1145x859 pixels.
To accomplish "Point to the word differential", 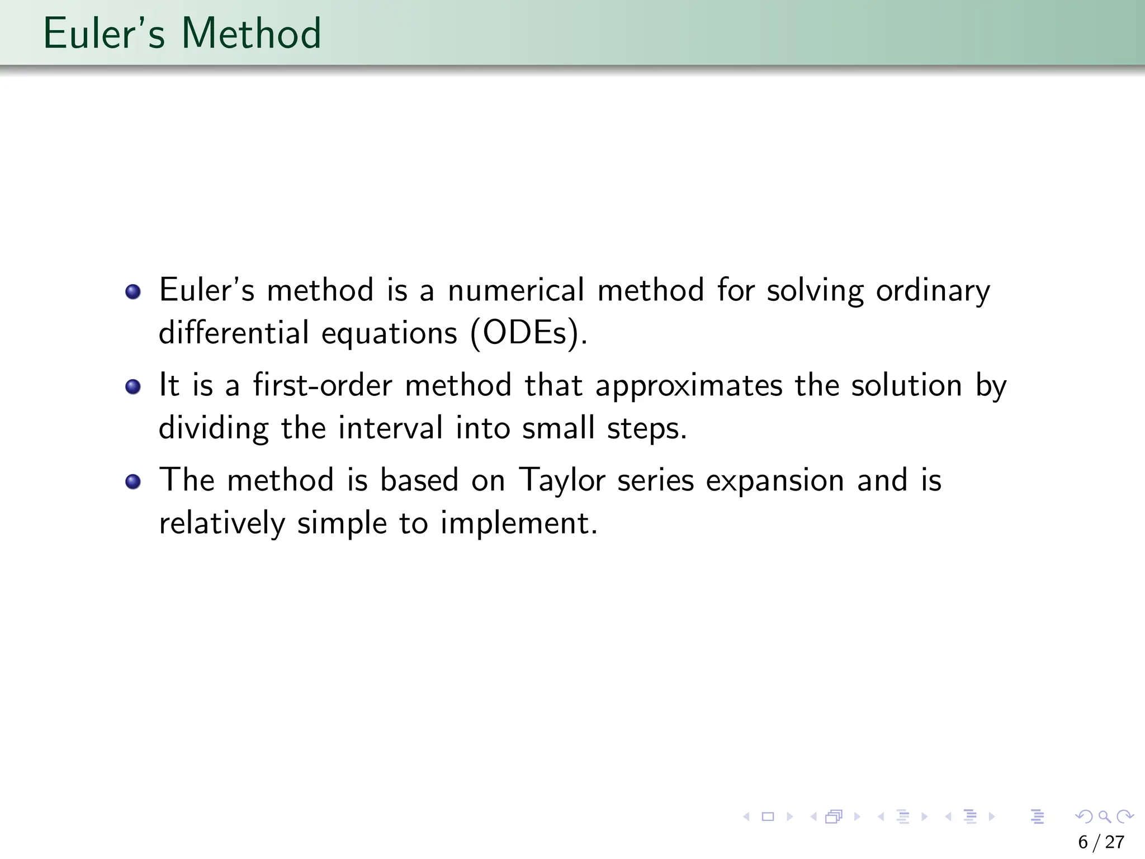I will coord(234,333).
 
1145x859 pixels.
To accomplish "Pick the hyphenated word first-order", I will coord(323,385).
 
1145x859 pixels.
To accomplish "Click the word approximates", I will coord(689,386).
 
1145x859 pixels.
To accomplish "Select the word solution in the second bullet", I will coord(906,385).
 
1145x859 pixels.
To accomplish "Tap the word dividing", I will coord(214,428).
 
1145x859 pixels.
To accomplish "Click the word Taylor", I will coord(562,481).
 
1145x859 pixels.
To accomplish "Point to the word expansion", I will coord(775,481).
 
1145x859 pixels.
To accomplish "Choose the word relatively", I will coord(222,523).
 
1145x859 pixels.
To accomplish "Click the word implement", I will coord(518,524).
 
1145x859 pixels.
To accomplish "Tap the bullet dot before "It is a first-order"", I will coord(133,386).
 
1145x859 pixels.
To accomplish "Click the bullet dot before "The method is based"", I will coord(133,482).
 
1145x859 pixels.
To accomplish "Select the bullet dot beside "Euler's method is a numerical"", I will coord(133,291).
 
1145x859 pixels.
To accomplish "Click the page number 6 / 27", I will coord(1101,842).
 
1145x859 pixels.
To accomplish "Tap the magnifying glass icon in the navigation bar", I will coord(1104,816).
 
